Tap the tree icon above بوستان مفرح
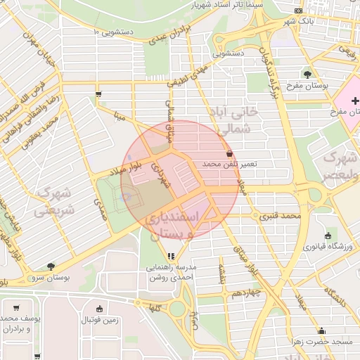coord(307,74)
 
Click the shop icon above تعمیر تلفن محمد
coord(229,153)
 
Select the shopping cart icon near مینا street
coord(98,94)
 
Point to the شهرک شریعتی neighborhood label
coord(53,200)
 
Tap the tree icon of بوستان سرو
coord(51,267)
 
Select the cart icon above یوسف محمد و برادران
coord(15,307)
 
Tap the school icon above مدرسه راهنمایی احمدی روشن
coord(171,256)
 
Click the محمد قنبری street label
coord(281,216)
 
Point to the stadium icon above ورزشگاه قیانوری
coord(328,236)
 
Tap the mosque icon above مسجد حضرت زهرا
coord(322,330)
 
